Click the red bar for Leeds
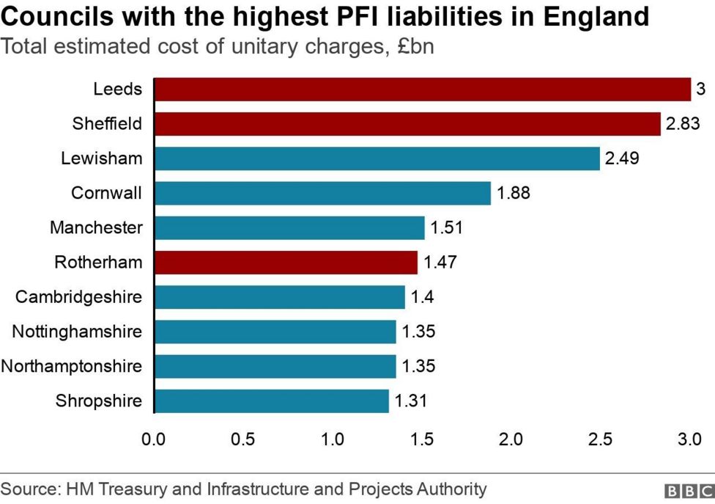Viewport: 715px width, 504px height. tap(422, 90)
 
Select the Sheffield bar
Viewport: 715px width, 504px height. tap(407, 124)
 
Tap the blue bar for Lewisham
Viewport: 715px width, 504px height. tap(377, 158)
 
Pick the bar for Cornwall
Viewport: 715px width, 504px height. tap(322, 193)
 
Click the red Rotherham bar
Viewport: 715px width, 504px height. tap(286, 262)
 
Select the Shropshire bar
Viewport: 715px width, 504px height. tap(271, 401)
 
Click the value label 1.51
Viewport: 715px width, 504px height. tap(447, 227)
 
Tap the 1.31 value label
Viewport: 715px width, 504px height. tap(410, 401)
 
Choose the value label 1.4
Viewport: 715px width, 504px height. tap(423, 296)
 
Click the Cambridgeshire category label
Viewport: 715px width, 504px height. tap(79, 296)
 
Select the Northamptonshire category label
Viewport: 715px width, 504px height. tap(72, 365)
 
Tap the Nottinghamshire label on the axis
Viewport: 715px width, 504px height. tap(77, 331)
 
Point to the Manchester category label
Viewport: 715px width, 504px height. tap(96, 227)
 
